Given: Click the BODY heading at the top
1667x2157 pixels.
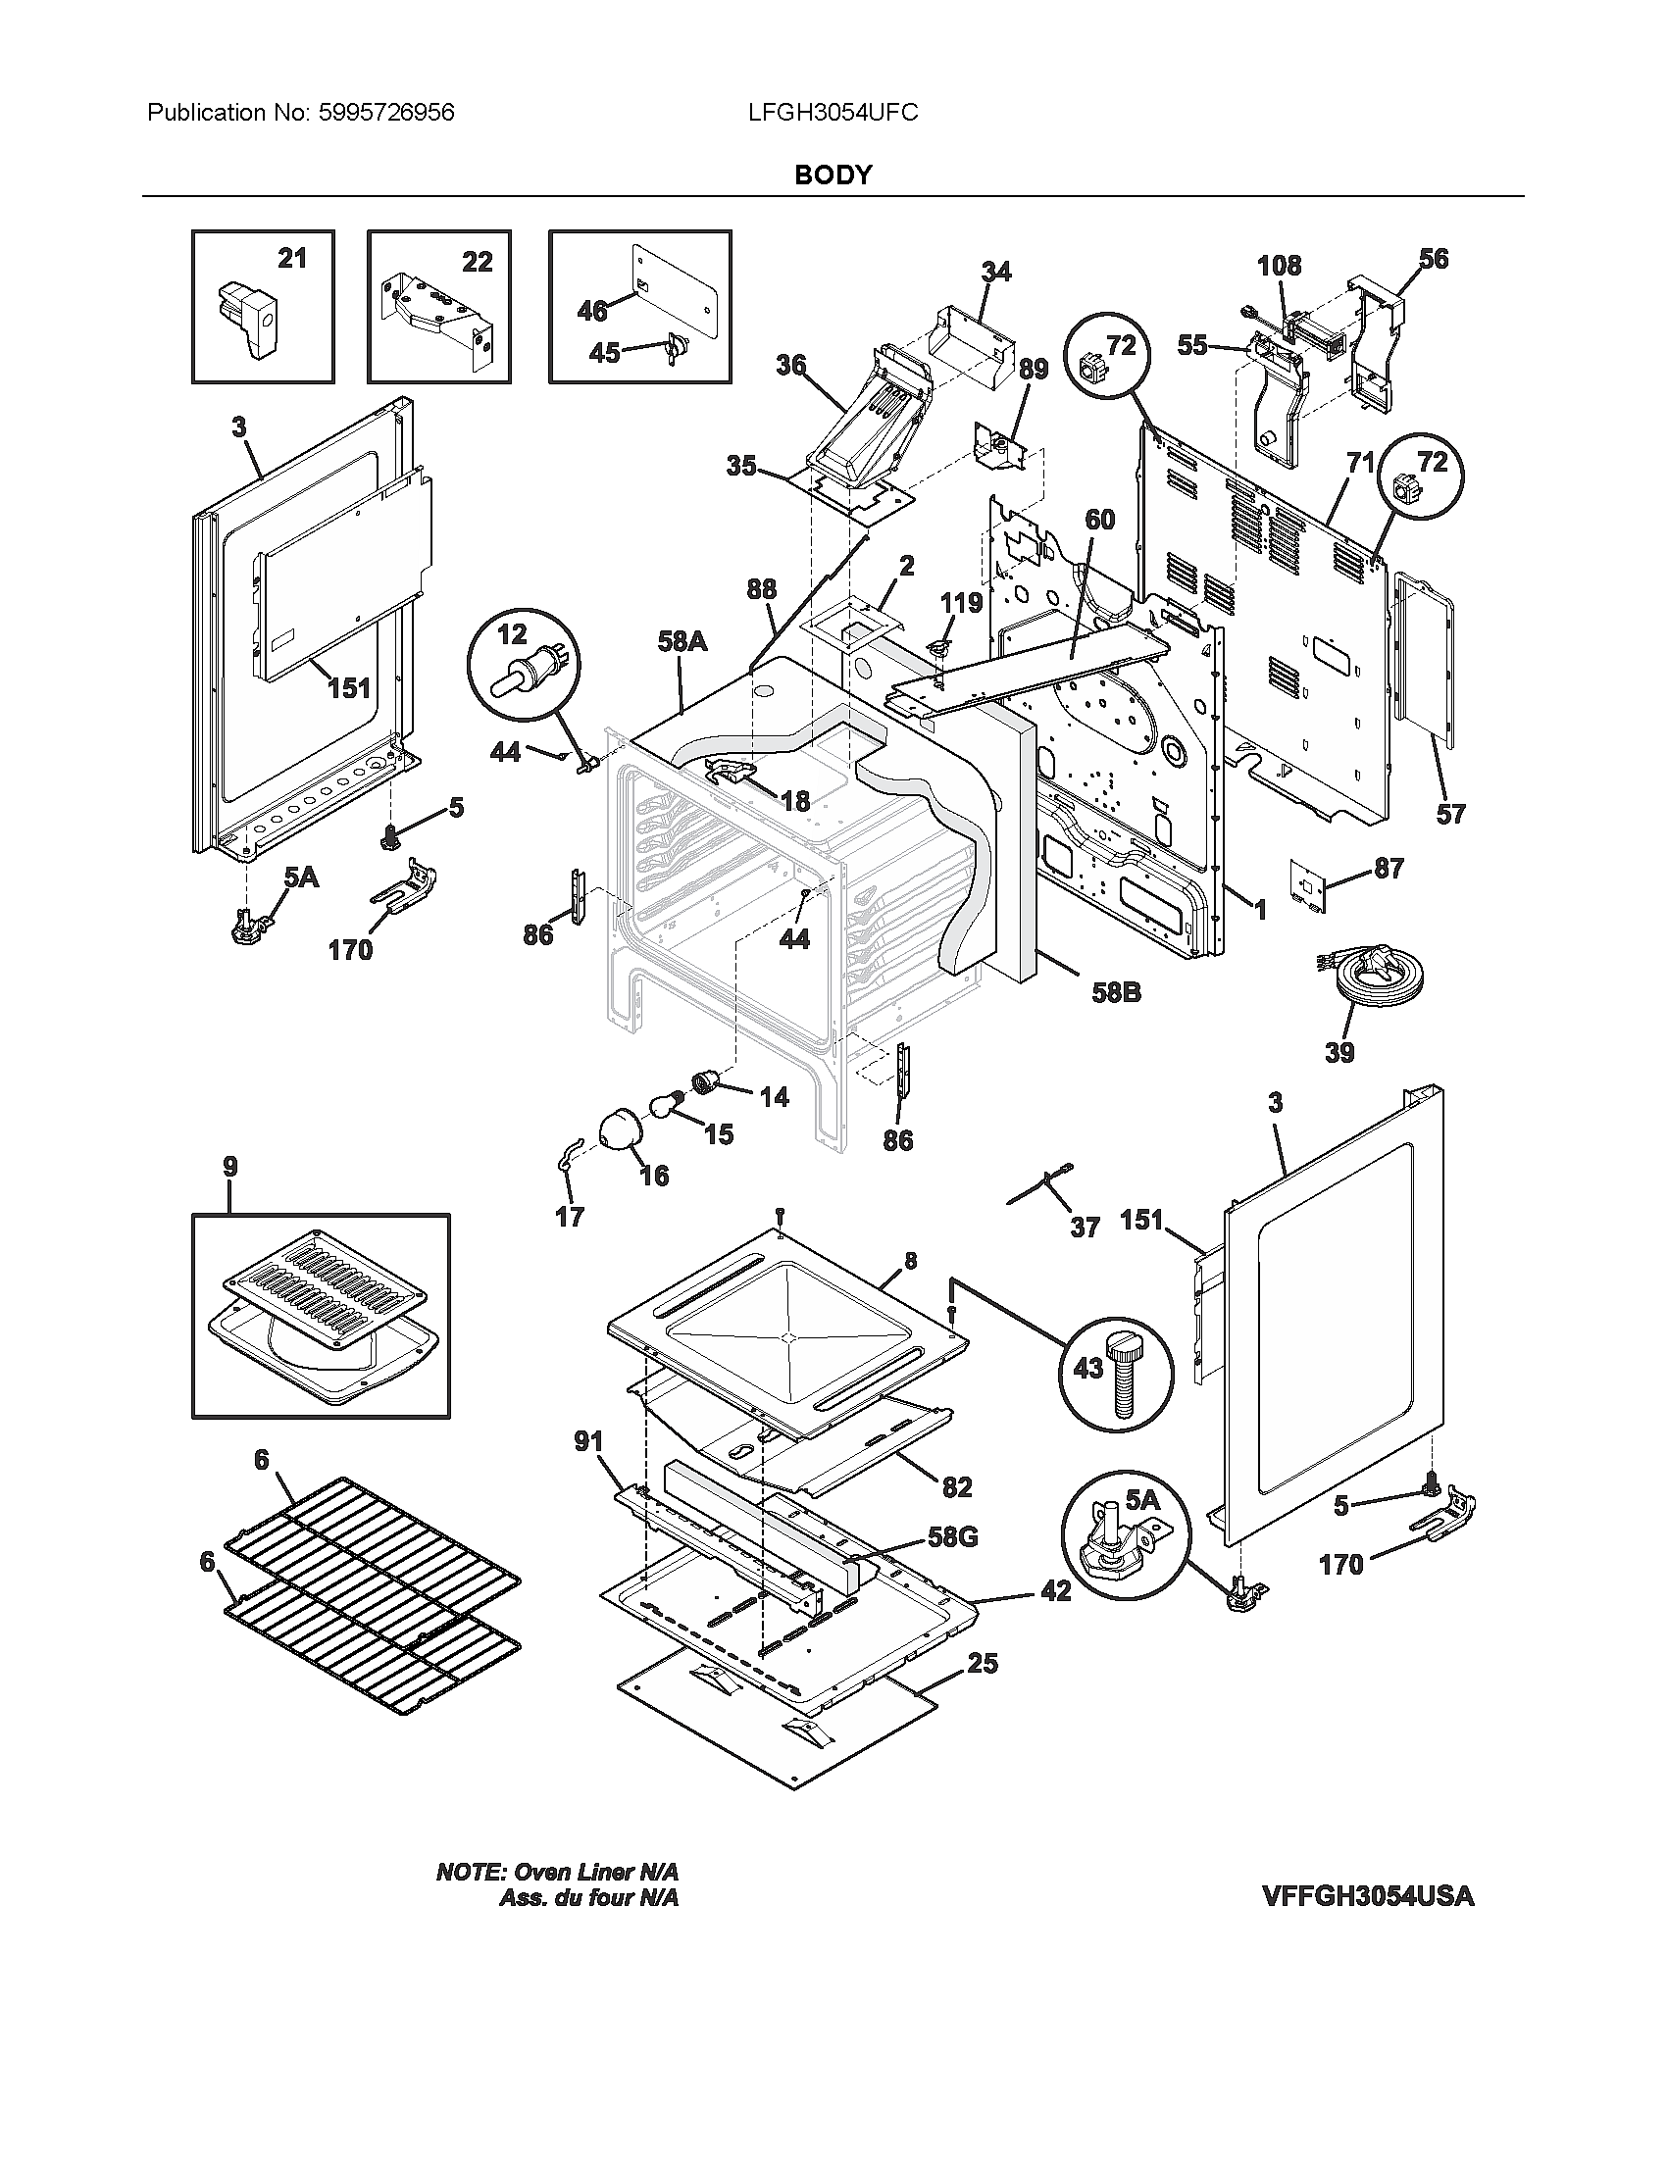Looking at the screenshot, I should coord(833,175).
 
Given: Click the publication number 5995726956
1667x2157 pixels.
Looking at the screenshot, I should coord(386,113).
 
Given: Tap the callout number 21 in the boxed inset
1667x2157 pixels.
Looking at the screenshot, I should coord(291,259).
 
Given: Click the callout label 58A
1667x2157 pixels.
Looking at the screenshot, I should coord(682,642).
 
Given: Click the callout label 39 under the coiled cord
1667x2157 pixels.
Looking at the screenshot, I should coord(1339,1053).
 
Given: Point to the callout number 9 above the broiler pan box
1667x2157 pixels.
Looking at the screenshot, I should coord(230,1167).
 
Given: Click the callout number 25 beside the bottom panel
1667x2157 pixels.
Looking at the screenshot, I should coord(982,1664).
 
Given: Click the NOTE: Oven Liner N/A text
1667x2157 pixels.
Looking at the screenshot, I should coord(557,1873).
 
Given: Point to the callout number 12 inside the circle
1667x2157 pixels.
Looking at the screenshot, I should coord(512,634).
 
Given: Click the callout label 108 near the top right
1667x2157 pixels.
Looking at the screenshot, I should coord(1279,266).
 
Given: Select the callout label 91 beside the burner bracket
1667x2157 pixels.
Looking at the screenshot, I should coord(588,1442).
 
